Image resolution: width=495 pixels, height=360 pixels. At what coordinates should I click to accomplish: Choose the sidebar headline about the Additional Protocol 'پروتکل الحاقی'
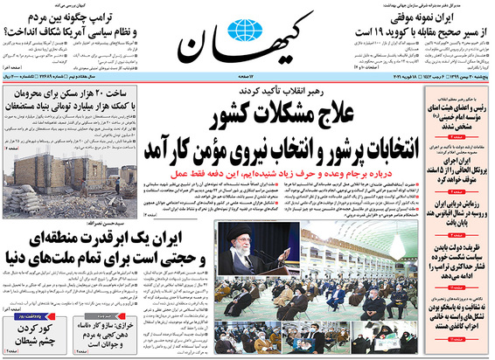tap(454, 168)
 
